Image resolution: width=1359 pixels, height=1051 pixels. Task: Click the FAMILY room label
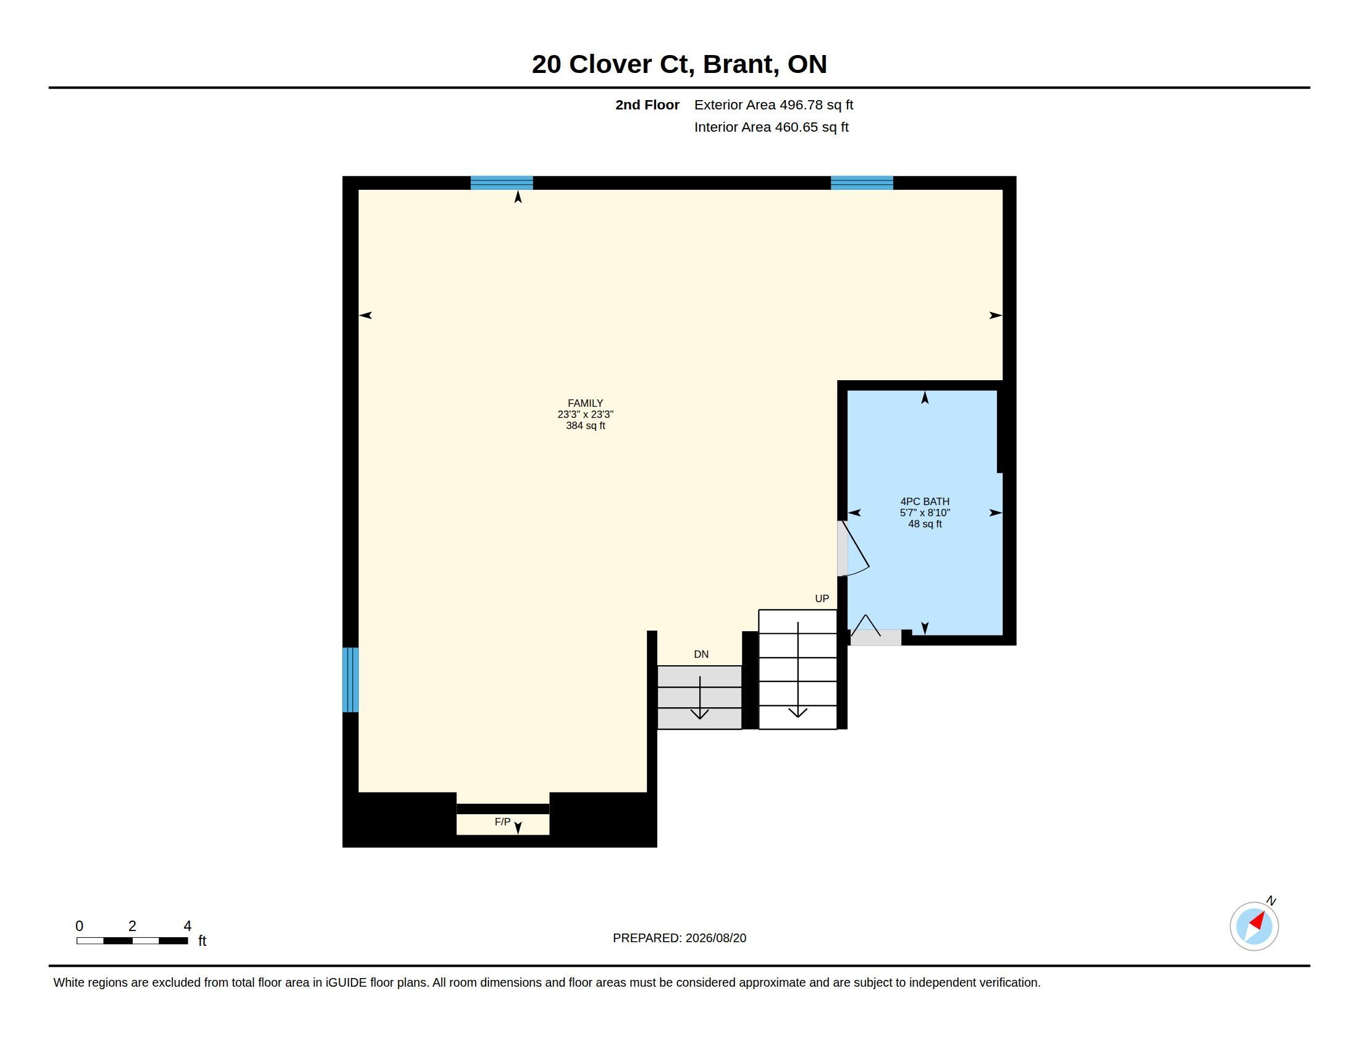[585, 403]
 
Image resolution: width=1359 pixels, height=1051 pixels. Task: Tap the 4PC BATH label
[925, 501]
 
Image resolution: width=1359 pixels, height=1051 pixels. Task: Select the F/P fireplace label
[502, 822]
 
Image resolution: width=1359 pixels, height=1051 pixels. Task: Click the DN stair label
[701, 654]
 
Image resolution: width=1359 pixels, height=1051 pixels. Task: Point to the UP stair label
[822, 598]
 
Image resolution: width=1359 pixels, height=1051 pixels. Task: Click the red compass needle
[1258, 921]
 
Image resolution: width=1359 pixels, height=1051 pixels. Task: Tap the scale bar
[132, 940]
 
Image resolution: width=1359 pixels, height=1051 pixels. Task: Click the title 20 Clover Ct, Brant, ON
[679, 64]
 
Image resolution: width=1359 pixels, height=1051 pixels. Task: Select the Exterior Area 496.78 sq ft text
[773, 104]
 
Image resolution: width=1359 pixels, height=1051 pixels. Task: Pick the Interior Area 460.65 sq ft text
[771, 127]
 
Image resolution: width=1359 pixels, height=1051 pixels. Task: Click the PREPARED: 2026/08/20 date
[679, 938]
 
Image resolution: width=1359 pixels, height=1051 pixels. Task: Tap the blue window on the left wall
[350, 679]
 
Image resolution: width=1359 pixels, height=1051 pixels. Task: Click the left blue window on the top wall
[502, 183]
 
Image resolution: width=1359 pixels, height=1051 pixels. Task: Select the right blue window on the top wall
[862, 183]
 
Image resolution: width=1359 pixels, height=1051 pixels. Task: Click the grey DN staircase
[699, 697]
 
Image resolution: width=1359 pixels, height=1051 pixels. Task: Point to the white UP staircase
[797, 670]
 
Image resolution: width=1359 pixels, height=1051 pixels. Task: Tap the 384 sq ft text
[585, 426]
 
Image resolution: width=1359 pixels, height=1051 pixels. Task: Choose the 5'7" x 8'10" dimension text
[925, 513]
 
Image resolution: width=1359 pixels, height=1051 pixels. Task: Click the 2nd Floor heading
[647, 104]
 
